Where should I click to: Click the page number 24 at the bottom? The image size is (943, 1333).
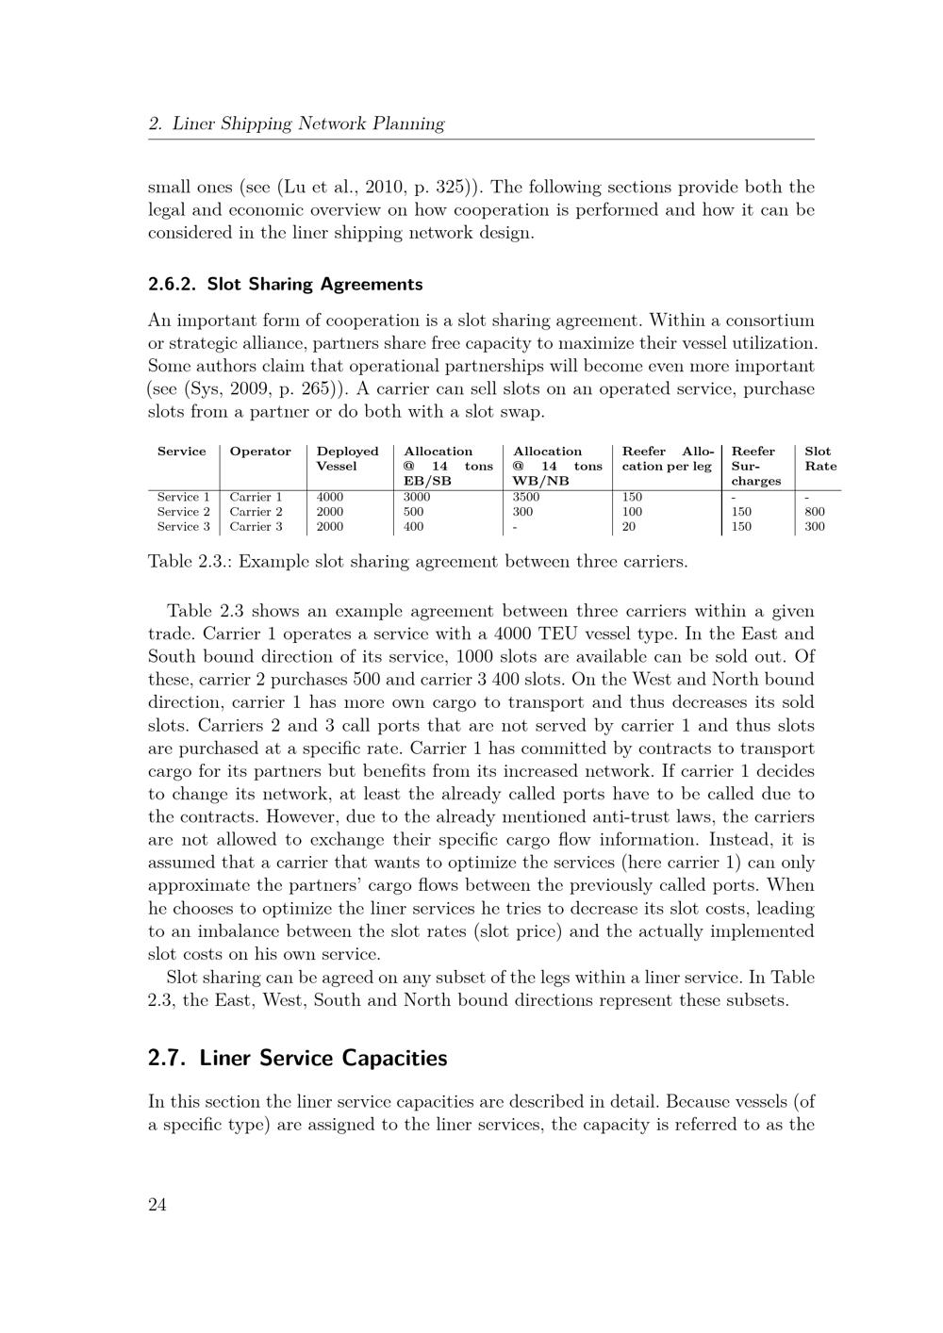(x=157, y=1204)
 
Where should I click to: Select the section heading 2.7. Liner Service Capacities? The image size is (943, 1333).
(x=297, y=1058)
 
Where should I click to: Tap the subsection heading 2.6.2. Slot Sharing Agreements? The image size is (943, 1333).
(x=286, y=284)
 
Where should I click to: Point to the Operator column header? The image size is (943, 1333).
(x=260, y=452)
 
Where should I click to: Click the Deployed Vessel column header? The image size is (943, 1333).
(x=347, y=458)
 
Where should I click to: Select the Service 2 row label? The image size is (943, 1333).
(x=183, y=512)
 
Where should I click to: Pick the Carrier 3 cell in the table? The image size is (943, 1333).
(x=256, y=527)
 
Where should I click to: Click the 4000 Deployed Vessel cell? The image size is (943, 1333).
(x=330, y=497)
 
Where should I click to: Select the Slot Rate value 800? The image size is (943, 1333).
(x=815, y=512)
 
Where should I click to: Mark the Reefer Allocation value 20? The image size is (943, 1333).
(x=629, y=527)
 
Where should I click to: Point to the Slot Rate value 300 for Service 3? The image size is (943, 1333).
(x=815, y=527)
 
